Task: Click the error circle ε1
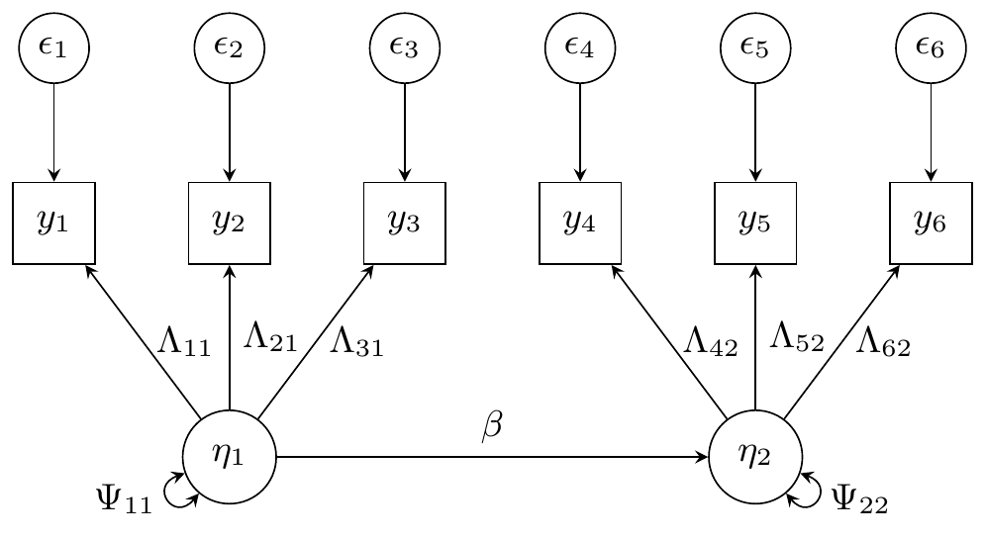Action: tap(53, 47)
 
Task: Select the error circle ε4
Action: tap(580, 47)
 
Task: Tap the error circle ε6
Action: tap(931, 47)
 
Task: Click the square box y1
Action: tap(53, 223)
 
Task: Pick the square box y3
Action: tap(404, 223)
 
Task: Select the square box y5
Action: tap(755, 223)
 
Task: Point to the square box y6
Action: tap(931, 223)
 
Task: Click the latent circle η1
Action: tap(229, 457)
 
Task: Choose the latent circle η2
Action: tap(755, 457)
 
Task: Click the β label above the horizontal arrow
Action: tap(492, 425)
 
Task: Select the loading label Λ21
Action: tap(270, 339)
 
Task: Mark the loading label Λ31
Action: tap(356, 345)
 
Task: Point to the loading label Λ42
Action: tap(710, 345)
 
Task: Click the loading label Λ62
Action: tap(883, 345)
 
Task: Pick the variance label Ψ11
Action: tap(124, 499)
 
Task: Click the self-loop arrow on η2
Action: tap(808, 491)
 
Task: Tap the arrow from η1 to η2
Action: tap(492, 457)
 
